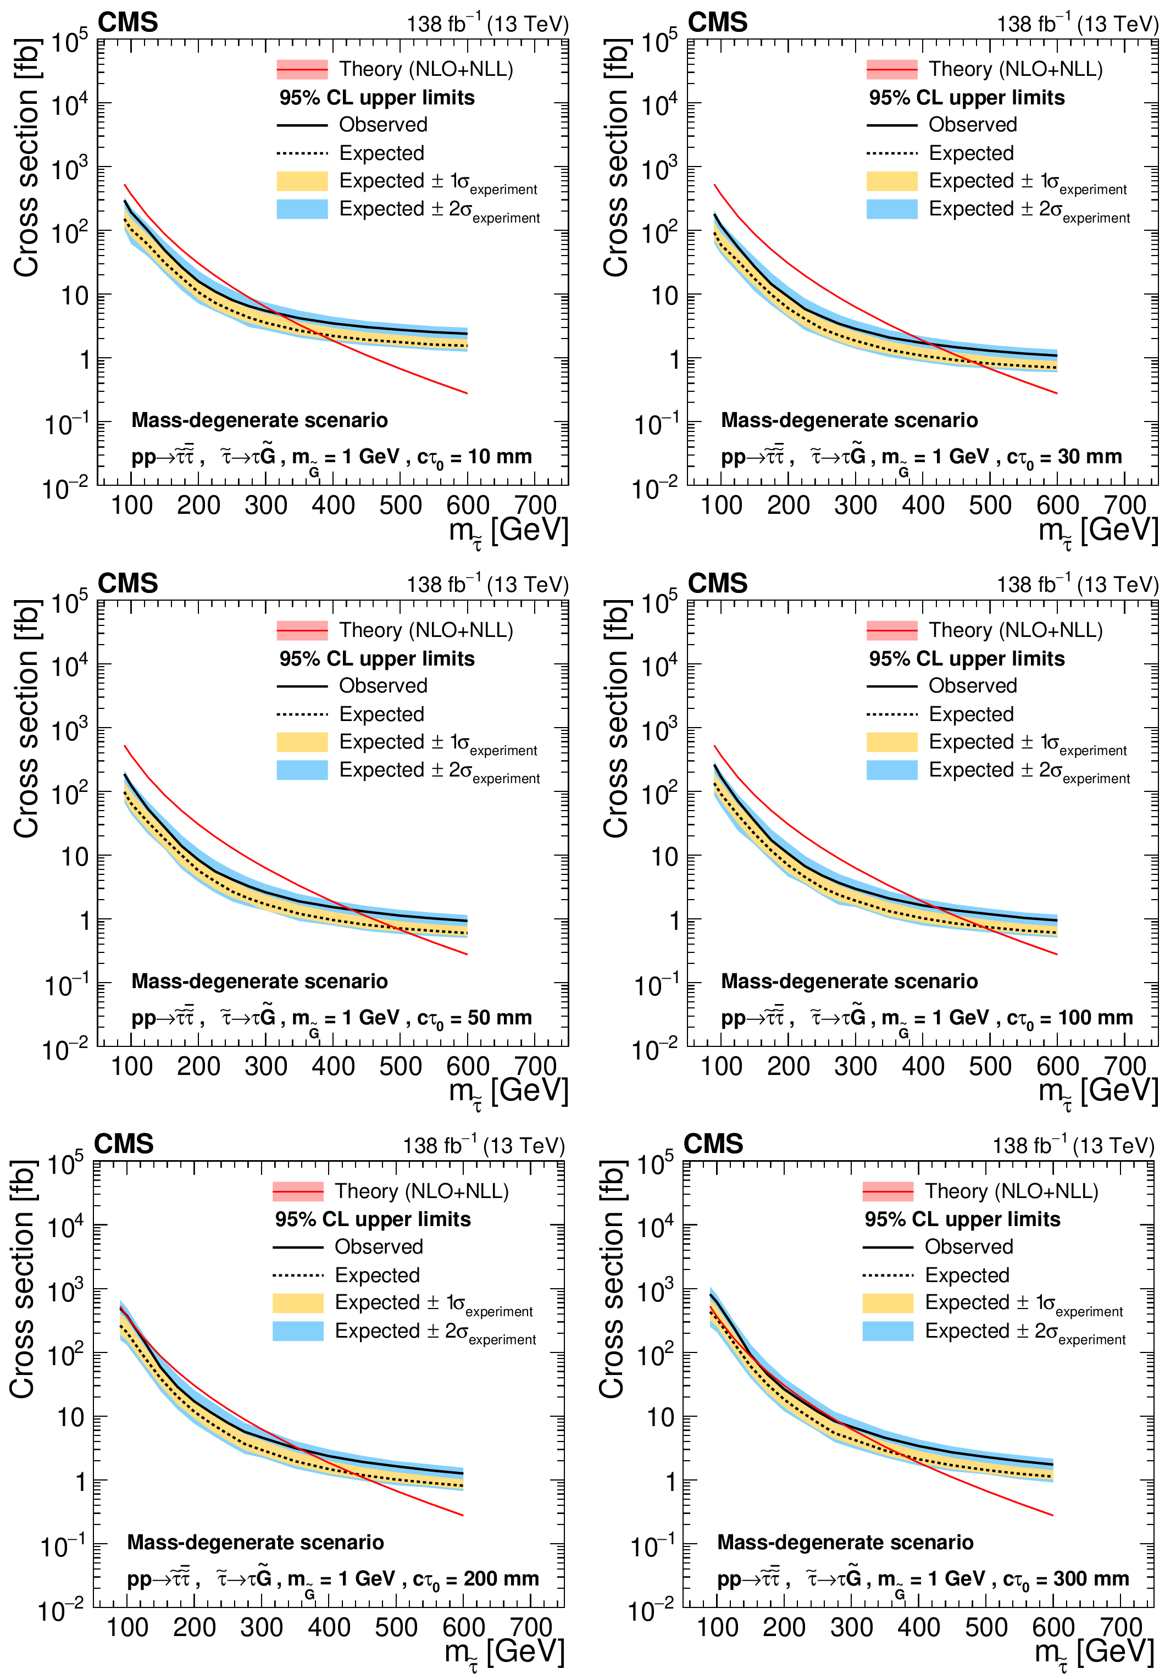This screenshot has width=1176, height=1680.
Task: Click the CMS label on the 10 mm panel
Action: coord(127,23)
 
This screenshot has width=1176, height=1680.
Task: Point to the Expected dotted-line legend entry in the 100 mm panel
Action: coord(971,714)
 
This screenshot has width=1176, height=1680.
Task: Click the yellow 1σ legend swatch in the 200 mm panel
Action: coord(298,1303)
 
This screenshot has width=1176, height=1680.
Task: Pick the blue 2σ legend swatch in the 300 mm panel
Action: coord(887,1331)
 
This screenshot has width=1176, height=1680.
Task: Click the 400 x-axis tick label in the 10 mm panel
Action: coord(333,506)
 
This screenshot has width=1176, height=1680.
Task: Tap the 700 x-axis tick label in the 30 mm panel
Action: coord(1125,506)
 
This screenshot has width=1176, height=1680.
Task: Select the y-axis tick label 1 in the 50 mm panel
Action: coord(85,921)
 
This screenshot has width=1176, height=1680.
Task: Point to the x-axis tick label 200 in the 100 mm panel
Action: coord(788,1067)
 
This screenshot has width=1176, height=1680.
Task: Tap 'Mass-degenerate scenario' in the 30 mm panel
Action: coord(849,420)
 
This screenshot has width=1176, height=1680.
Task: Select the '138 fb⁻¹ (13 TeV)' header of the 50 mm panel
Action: coord(487,585)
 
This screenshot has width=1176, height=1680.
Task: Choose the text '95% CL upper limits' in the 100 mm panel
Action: coord(966,658)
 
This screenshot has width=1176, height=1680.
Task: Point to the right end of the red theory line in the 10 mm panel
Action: coord(466,393)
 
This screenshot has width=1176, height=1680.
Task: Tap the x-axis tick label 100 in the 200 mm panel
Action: coord(127,1627)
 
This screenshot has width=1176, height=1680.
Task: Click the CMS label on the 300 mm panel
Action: coord(713,1144)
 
